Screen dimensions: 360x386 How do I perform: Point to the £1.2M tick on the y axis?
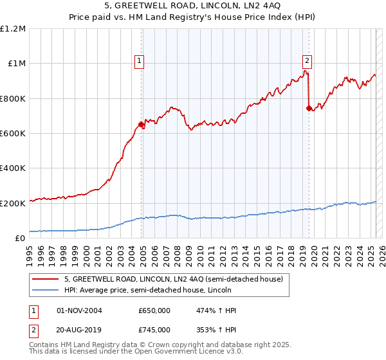coord(13,29)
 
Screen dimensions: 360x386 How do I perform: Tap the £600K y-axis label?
coord(12,134)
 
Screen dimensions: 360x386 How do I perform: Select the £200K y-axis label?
coord(12,203)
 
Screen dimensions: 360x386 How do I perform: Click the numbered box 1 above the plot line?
coord(139,62)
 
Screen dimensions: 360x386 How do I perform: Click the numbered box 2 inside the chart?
coord(307,62)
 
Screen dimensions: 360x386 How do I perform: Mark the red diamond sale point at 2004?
coord(141,125)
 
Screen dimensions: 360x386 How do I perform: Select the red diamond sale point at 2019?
coord(309,108)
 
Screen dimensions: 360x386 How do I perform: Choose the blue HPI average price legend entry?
coord(147,291)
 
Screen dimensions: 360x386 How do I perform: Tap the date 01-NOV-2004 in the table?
coord(80,310)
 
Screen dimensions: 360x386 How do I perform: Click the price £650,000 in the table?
coord(154,310)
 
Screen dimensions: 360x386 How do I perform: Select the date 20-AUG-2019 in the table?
coord(80,329)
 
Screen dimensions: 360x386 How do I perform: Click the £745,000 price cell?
coord(154,329)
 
